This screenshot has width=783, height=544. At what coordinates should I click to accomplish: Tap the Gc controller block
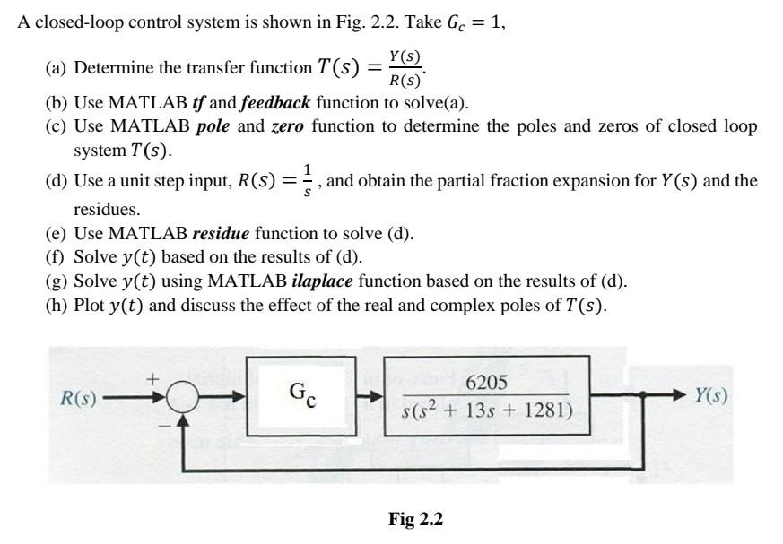pos(301,395)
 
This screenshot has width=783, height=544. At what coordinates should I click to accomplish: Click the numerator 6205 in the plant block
pos(487,383)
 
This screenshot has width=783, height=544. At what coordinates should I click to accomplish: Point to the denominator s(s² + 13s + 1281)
pos(487,412)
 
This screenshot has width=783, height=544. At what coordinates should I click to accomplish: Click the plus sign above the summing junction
pos(153,380)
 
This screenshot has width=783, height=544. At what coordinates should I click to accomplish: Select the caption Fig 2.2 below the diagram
pos(415,519)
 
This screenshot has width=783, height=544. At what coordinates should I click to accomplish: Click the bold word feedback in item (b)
pos(274,102)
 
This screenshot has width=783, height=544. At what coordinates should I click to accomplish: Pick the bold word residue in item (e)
pos(222,234)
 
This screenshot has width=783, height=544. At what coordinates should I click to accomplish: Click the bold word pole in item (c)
pos(213,126)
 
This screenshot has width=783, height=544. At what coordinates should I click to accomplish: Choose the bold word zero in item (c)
pos(287,126)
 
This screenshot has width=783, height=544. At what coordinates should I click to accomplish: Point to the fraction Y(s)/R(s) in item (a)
pos(402,67)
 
